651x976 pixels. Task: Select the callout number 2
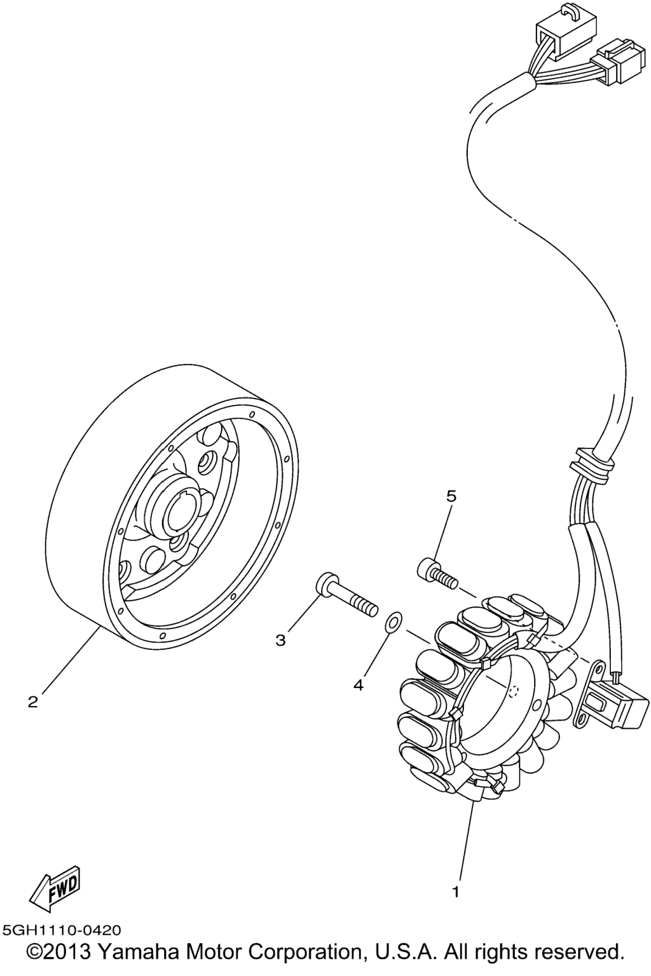(32, 702)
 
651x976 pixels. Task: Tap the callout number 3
(280, 640)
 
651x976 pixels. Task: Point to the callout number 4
(358, 685)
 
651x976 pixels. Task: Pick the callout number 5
(451, 496)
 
